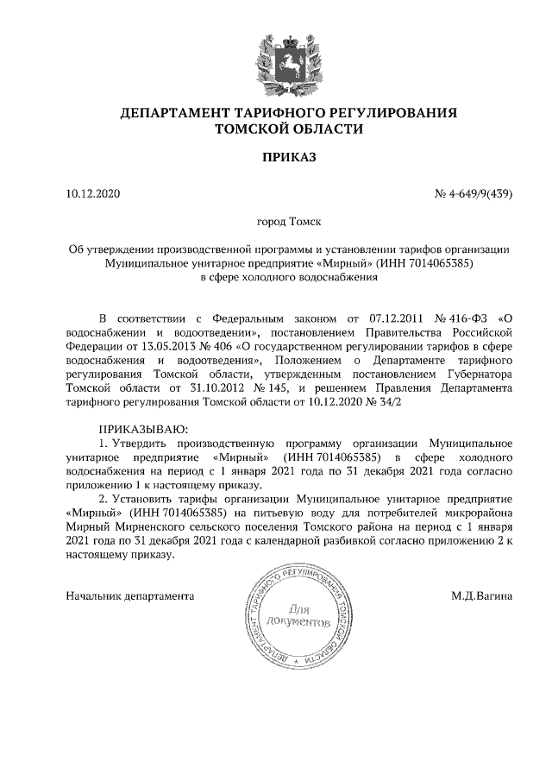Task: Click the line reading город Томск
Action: tap(288, 222)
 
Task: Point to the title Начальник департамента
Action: tap(130, 595)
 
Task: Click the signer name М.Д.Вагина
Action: tap(481, 595)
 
